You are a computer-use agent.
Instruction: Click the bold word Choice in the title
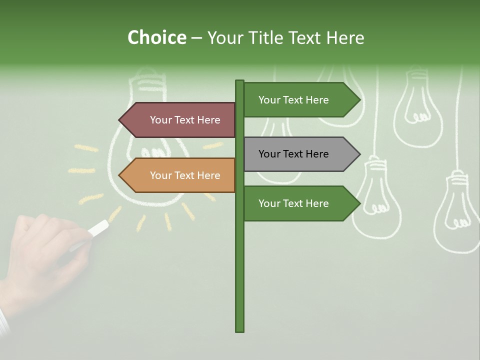(x=156, y=37)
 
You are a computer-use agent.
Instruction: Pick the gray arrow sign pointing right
(x=297, y=154)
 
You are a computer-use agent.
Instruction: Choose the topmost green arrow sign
(x=297, y=100)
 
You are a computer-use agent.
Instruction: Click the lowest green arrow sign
(x=297, y=203)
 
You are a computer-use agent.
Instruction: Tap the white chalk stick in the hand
(x=98, y=227)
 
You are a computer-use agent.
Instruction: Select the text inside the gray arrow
(x=293, y=154)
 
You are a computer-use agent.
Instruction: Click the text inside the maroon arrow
(x=185, y=120)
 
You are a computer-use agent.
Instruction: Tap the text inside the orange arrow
(x=185, y=175)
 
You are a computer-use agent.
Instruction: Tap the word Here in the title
(x=345, y=37)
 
